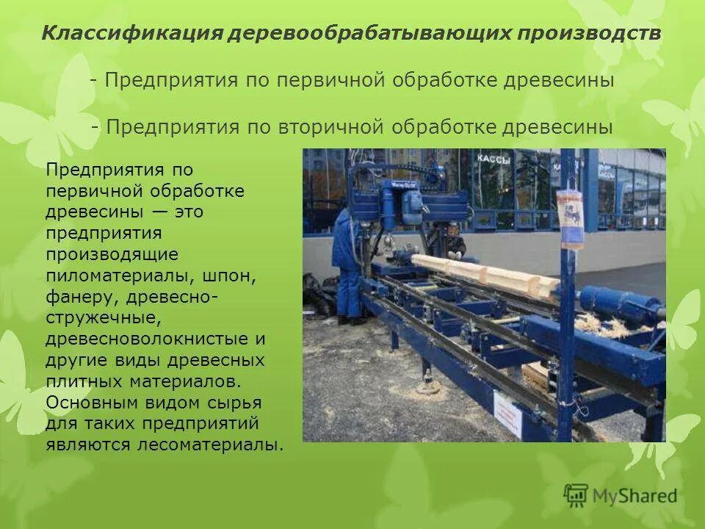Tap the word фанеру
coord(81,297)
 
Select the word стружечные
coord(102,318)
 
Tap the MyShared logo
coord(621,494)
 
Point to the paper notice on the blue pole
coord(570,217)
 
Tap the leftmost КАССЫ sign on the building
coord(493,159)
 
